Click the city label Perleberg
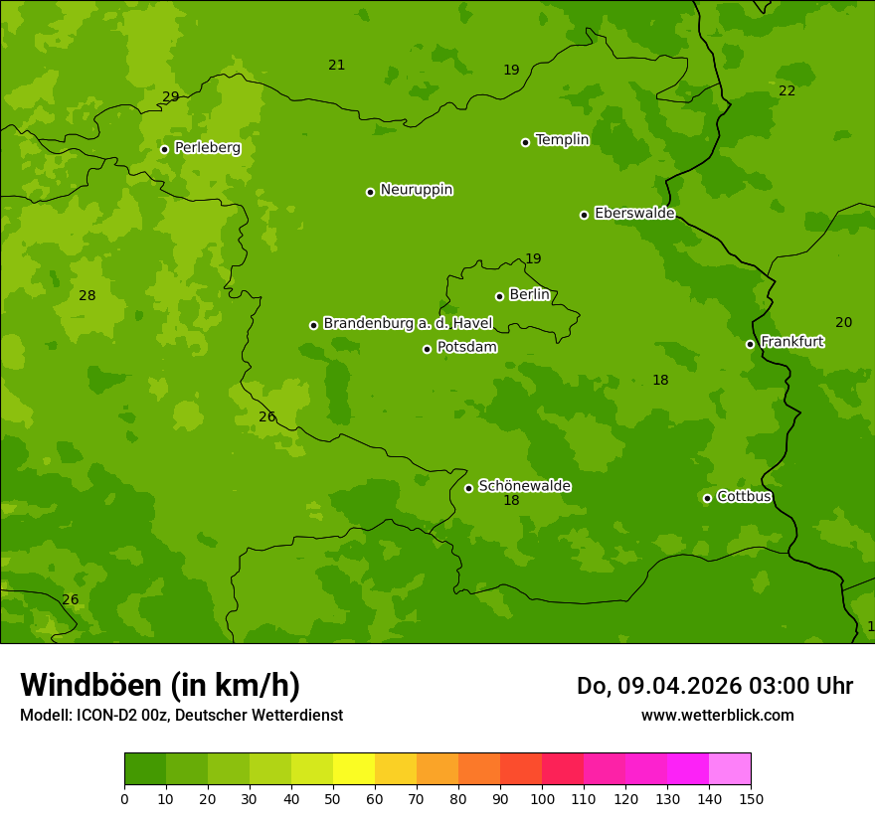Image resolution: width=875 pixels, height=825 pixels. point(207,148)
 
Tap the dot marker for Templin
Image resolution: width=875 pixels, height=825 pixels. point(525,142)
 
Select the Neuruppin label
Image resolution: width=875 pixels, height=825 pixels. point(416,190)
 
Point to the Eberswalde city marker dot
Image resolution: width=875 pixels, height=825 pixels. point(584,215)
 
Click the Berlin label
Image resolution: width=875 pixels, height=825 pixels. point(529,295)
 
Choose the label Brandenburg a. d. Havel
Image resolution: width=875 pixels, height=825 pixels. point(408,324)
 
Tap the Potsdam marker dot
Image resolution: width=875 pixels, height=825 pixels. point(427,349)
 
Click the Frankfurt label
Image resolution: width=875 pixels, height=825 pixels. point(791,342)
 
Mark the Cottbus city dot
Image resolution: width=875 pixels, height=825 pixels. point(707,498)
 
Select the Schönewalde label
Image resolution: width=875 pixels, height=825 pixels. point(524,486)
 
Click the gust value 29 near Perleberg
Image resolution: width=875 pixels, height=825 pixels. point(171,96)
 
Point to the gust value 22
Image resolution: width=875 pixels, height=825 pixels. point(787,90)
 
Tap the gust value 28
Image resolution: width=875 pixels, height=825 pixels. point(87,295)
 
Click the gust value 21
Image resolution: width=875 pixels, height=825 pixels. point(337,65)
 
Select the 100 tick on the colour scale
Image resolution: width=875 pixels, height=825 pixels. point(542,798)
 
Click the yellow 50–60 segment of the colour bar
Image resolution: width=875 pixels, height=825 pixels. point(354,769)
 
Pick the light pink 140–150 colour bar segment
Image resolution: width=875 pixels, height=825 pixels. point(730,769)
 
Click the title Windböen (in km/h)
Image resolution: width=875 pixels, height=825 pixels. point(160,685)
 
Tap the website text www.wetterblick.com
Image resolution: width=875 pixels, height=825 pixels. point(717,715)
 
